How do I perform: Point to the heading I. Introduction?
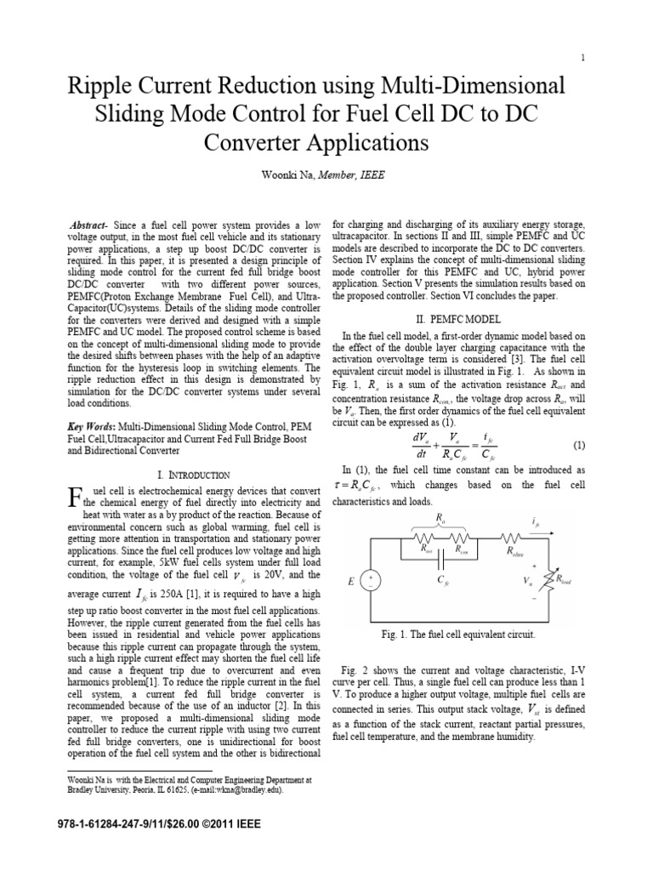tap(194, 474)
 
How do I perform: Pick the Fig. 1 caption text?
tap(458, 635)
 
